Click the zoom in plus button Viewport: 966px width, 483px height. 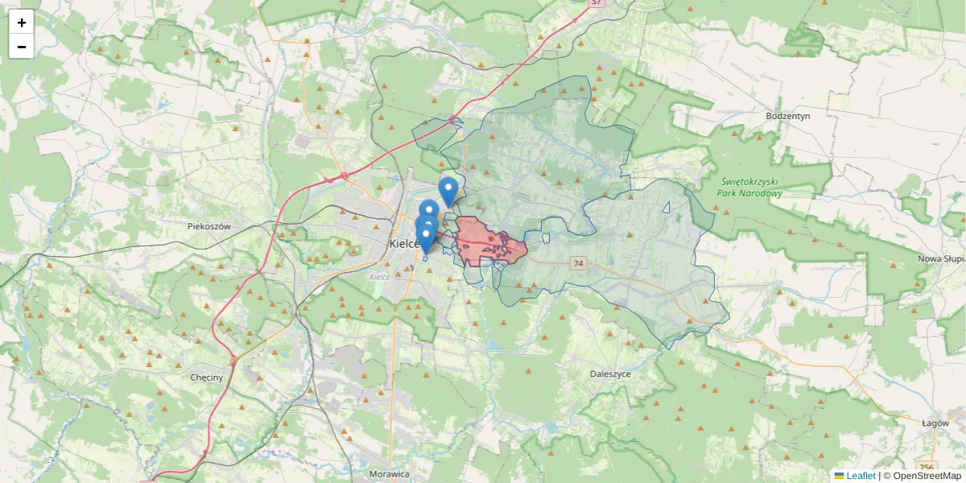pos(22,23)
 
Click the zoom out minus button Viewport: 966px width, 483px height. pos(22,47)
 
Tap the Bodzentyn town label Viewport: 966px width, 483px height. pos(787,116)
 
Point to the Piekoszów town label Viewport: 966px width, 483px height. pos(209,226)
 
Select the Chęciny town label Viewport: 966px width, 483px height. pos(208,378)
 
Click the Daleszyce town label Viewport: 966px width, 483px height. pos(610,374)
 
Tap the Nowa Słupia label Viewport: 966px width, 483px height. pos(940,259)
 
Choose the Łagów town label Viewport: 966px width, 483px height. pos(936,423)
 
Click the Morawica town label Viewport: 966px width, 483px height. pos(390,474)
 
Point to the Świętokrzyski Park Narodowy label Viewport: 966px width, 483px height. pos(752,188)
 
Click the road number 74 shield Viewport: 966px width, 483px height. pos(578,263)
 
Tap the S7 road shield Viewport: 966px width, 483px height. pos(597,2)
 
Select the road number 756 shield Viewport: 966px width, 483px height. pos(927,468)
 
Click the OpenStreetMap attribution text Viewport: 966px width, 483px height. pos(922,476)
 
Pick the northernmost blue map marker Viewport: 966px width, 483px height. pos(448,190)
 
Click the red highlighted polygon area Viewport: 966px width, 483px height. pos(483,242)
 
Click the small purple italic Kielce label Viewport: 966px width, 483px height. pos(379,277)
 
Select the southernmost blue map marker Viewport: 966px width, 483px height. pos(425,238)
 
